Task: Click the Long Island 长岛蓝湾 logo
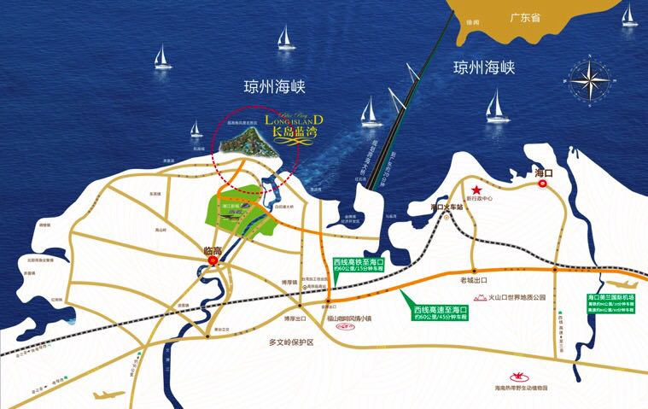point(295,126)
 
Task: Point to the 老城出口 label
point(498,280)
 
